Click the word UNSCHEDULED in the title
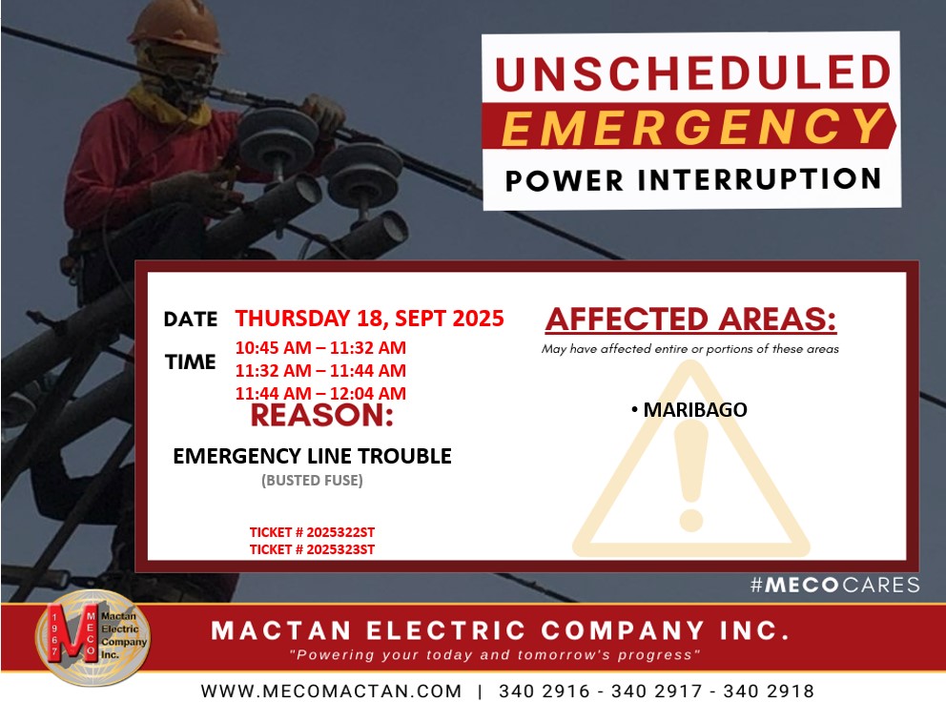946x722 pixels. [692, 73]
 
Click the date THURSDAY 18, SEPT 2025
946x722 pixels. [369, 318]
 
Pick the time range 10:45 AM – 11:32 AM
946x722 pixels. [320, 348]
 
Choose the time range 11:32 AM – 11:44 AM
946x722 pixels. [320, 370]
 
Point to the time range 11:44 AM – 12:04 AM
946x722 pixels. [320, 393]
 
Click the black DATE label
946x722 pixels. [191, 320]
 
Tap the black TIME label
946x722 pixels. [191, 361]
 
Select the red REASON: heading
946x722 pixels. [321, 416]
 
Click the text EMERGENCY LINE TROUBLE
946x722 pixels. [312, 456]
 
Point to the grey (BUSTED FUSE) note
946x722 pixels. [312, 480]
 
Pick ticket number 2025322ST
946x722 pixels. [312, 532]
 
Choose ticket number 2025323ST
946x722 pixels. [312, 548]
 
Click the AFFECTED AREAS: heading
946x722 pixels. [690, 320]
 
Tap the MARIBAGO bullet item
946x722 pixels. [689, 409]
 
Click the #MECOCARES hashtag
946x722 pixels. [835, 585]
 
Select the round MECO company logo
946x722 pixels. [93, 637]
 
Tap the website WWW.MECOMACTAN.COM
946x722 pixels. [331, 691]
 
